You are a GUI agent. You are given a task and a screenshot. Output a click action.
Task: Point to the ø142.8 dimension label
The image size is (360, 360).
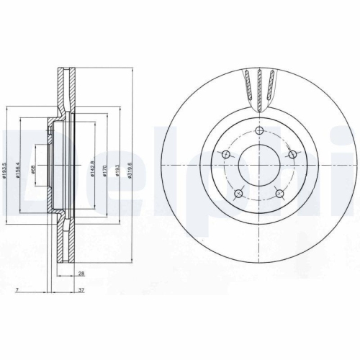coord(91,171)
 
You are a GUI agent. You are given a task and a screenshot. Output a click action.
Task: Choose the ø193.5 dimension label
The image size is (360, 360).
coord(6,169)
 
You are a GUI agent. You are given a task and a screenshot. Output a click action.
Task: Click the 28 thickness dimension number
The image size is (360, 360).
coord(82,274)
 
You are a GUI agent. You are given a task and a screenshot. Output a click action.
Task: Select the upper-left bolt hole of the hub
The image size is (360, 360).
coord(225,156)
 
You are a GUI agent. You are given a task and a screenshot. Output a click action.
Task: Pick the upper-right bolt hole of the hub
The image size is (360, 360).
coord(292,154)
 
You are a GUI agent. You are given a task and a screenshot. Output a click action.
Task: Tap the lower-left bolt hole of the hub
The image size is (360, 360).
coord(238,193)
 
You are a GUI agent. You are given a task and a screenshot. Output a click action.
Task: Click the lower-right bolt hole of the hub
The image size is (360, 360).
coord(281,193)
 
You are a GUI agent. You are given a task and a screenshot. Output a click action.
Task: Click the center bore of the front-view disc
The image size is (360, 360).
coord(259,165)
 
